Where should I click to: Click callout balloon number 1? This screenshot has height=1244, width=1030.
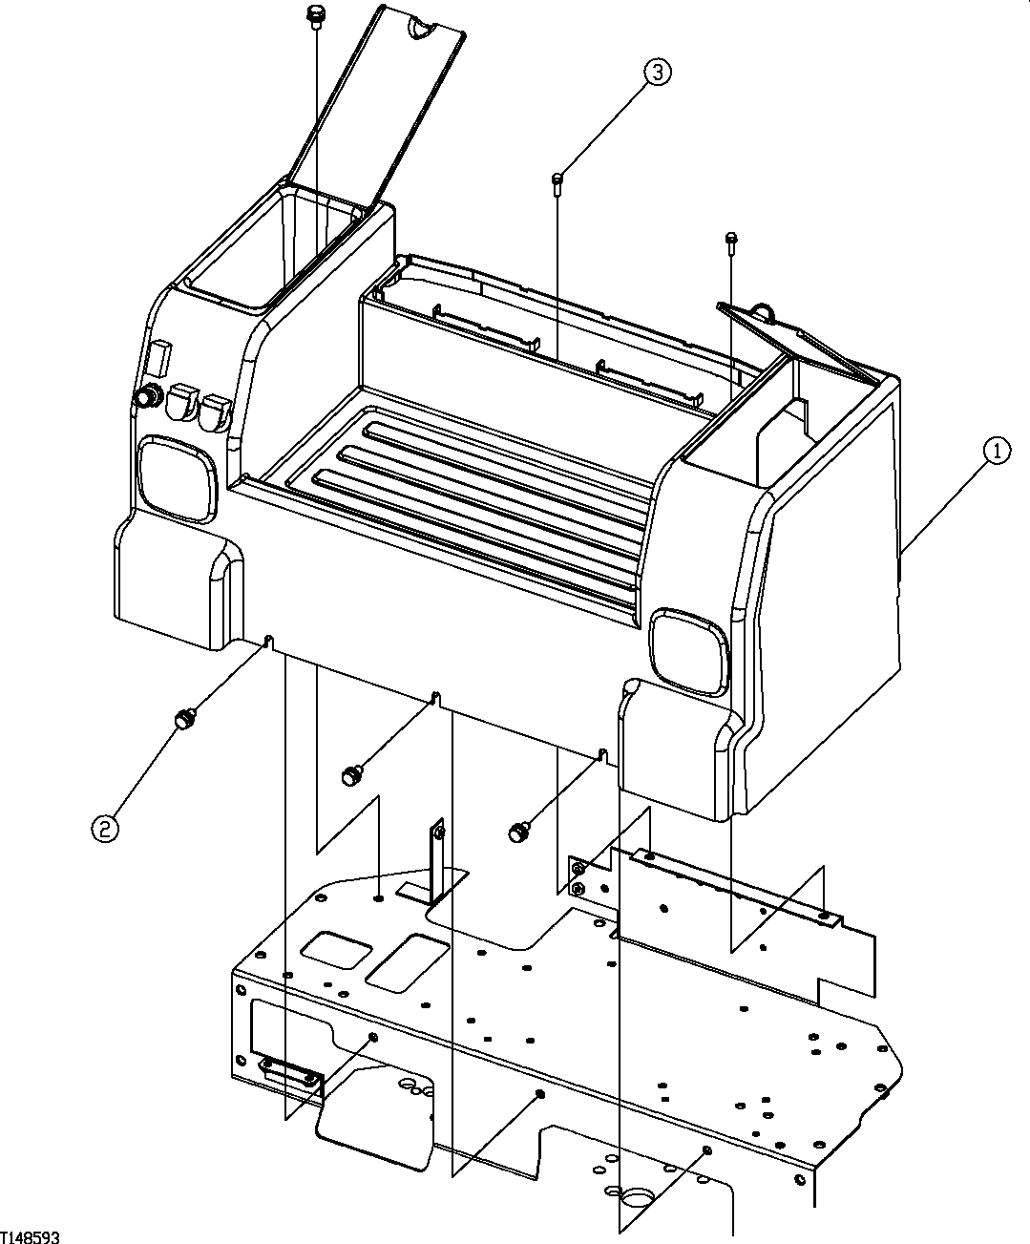tap(996, 451)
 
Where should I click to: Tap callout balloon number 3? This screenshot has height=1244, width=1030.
tap(657, 72)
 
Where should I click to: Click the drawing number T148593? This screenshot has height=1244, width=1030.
tap(31, 1236)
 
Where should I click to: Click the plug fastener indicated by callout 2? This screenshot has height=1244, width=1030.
tap(183, 716)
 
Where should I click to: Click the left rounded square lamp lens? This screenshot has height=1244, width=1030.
tap(179, 477)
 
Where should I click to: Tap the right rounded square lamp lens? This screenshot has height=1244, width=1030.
tap(688, 652)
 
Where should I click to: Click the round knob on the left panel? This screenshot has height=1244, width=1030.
tap(149, 396)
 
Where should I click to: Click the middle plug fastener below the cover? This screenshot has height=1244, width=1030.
tap(352, 774)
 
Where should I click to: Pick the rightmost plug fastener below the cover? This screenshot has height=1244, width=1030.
tap(518, 831)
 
